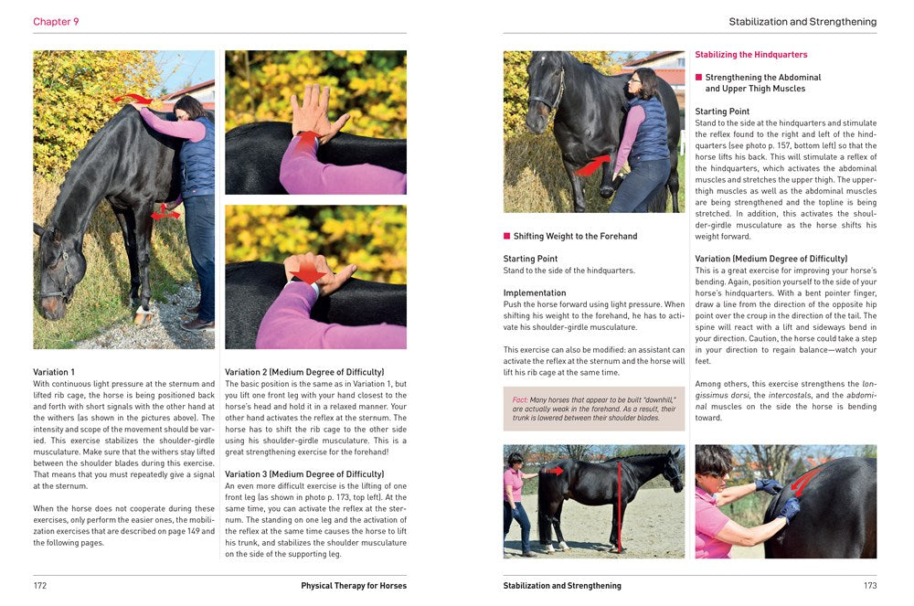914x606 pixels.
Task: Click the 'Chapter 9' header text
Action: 56,22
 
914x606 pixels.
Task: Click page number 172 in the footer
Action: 40,586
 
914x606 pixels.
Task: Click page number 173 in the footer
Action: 869,586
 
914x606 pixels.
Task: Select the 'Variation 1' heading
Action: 54,372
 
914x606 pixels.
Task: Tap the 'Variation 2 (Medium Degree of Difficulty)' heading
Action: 304,372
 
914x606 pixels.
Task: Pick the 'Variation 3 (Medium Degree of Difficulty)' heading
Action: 304,474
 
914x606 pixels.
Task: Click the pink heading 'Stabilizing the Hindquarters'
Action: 751,55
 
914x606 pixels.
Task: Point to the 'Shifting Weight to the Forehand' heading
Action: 575,237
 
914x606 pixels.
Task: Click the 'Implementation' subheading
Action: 535,293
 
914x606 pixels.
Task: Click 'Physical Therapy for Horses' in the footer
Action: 354,586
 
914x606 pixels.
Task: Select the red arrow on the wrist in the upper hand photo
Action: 307,139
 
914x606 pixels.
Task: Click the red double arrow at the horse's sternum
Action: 165,212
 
